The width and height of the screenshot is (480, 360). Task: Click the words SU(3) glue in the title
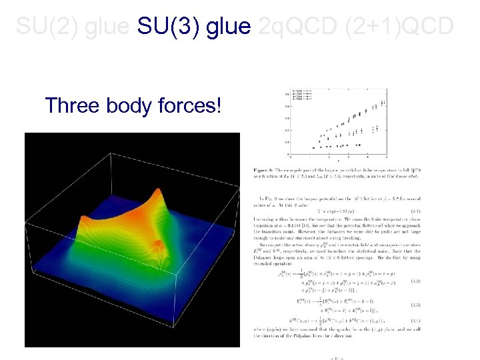click(x=194, y=27)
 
